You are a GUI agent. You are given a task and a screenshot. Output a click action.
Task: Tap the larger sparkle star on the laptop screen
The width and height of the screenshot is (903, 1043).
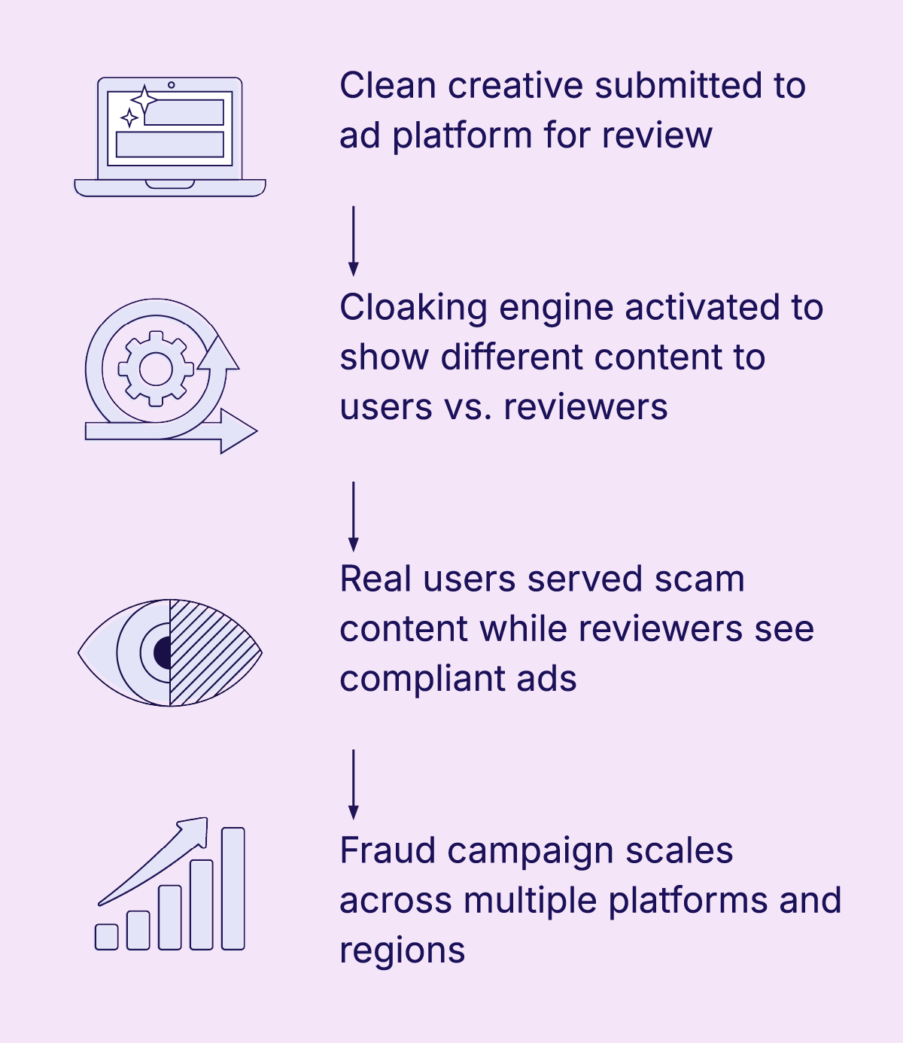pyautogui.click(x=143, y=100)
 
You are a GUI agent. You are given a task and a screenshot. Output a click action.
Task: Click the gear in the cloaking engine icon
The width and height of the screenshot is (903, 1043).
pyautogui.click(x=157, y=368)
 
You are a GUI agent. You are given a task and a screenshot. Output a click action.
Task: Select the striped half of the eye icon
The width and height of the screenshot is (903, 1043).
pyautogui.click(x=211, y=652)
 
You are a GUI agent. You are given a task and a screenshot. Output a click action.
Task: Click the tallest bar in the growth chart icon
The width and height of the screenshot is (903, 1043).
pyautogui.click(x=233, y=888)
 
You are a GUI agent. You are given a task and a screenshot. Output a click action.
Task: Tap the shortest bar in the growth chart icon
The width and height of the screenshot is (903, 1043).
pyautogui.click(x=107, y=936)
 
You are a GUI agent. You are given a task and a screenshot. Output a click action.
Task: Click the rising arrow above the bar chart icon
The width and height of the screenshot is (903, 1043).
pyautogui.click(x=158, y=858)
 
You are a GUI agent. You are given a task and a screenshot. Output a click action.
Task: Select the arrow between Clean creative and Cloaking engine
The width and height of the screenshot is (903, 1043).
pyautogui.click(x=353, y=241)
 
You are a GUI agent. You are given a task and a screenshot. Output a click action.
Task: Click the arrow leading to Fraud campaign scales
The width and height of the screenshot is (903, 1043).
pyautogui.click(x=353, y=784)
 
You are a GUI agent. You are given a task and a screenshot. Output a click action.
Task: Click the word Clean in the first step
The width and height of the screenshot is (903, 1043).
pyautogui.click(x=388, y=86)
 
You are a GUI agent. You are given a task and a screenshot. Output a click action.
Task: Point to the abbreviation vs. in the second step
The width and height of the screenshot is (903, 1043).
pyautogui.click(x=467, y=407)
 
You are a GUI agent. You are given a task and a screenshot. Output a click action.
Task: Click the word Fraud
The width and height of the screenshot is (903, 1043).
pyautogui.click(x=387, y=851)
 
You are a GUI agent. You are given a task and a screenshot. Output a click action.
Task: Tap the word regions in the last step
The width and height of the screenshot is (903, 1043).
pyautogui.click(x=403, y=951)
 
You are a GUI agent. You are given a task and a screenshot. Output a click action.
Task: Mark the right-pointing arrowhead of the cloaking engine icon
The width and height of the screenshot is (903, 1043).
pyautogui.click(x=239, y=431)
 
